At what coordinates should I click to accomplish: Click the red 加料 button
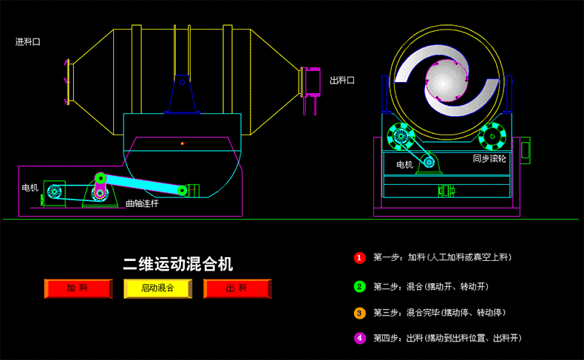click(x=78, y=288)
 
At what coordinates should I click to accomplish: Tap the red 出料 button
click(x=237, y=288)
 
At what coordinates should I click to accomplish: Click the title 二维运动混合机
click(x=177, y=264)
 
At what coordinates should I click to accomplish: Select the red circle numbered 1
click(x=359, y=258)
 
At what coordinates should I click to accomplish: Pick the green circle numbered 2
click(x=359, y=287)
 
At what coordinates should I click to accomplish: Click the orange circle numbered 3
click(x=359, y=313)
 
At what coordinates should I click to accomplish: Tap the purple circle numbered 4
click(x=359, y=339)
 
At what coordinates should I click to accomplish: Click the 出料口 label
click(x=342, y=80)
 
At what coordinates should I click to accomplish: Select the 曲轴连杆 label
click(x=142, y=203)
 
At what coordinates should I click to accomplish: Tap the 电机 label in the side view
click(x=30, y=188)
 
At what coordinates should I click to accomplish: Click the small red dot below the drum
click(x=182, y=143)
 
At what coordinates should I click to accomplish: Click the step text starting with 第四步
click(x=447, y=339)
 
